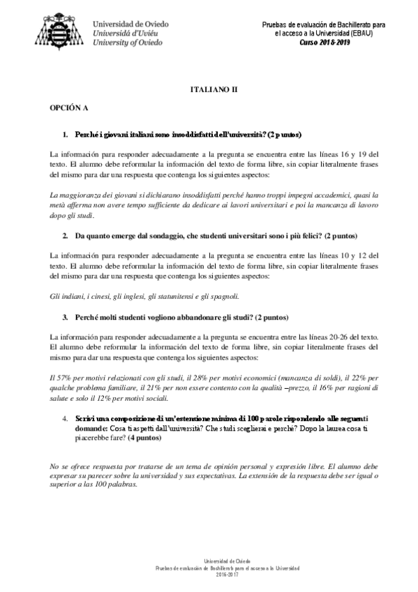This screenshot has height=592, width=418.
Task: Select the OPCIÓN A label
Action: pyautogui.click(x=68, y=110)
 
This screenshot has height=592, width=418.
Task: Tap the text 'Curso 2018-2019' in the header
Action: pyautogui.click(x=325, y=42)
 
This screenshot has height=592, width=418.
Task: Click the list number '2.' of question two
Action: pyautogui.click(x=67, y=237)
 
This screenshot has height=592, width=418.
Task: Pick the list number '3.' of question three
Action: pyautogui.click(x=67, y=316)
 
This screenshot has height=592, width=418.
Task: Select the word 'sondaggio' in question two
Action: pyautogui.click(x=153, y=237)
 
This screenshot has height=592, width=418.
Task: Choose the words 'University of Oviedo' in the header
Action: pyautogui.click(x=128, y=42)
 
